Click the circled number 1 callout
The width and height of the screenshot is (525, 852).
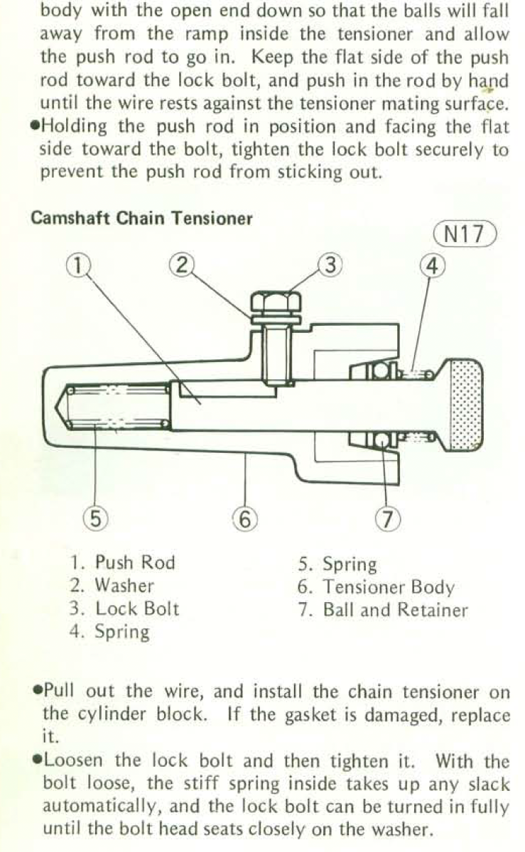click(x=78, y=265)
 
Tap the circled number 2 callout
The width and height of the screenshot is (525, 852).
click(x=182, y=265)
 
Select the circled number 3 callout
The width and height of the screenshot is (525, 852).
click(x=330, y=265)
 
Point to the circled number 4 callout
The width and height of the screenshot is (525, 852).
click(x=433, y=266)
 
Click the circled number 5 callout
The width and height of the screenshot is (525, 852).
click(x=96, y=519)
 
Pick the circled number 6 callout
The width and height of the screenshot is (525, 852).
click(x=245, y=519)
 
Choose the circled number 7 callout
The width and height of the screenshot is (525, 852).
click(x=388, y=519)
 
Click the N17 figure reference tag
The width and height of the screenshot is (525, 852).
click(x=465, y=234)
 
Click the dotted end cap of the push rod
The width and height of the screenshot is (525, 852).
click(x=465, y=405)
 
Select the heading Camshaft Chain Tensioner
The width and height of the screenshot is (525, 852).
click(x=141, y=219)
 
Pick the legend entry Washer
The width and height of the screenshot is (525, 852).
click(x=112, y=585)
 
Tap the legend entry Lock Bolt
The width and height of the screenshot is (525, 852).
click(x=124, y=608)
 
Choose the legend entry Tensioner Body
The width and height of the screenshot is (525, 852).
click(x=376, y=588)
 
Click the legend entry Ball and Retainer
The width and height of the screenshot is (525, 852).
click(x=383, y=610)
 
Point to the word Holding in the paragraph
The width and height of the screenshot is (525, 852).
click(x=74, y=127)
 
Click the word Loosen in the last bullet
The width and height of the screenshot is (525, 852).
click(x=73, y=760)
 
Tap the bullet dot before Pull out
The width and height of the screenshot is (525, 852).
click(x=38, y=689)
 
